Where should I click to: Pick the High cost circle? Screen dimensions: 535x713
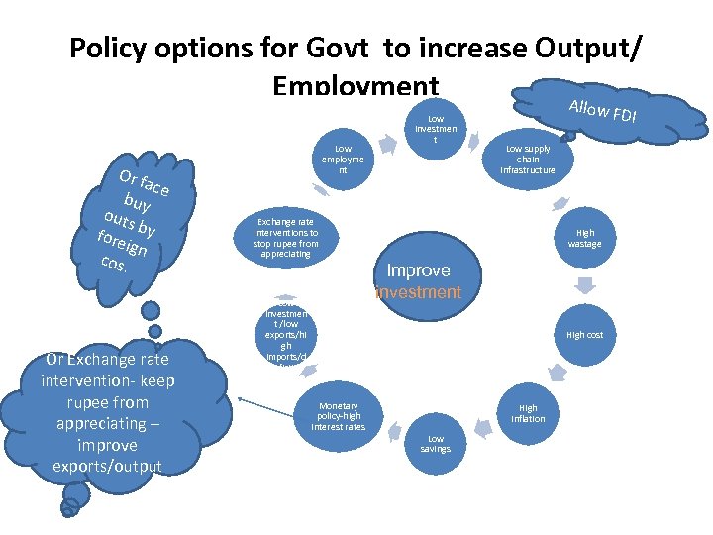[x=584, y=335]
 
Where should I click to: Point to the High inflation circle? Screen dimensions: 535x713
[x=528, y=412]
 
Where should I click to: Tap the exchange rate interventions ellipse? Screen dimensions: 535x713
[x=285, y=238]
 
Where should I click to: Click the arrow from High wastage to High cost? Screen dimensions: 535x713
[x=585, y=285]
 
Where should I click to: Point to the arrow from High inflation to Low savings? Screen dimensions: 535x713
[x=484, y=428]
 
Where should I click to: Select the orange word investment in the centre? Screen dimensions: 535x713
[x=418, y=292]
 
